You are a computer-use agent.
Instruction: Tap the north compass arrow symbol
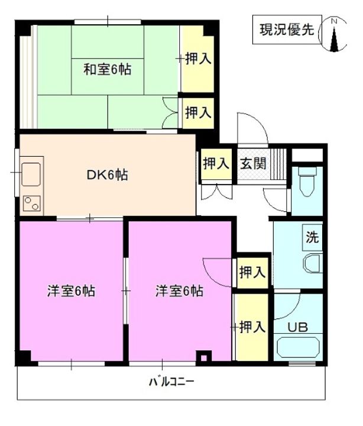(335, 35)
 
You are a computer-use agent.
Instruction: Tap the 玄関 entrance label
(252, 164)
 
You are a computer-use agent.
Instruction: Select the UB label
(297, 326)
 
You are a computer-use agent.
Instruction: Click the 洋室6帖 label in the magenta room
(72, 291)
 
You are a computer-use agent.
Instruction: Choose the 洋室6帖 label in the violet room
(180, 291)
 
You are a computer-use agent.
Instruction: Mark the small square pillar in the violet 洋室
(203, 357)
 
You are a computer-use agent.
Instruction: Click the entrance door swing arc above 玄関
(249, 125)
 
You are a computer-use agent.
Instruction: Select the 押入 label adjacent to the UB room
(252, 327)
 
